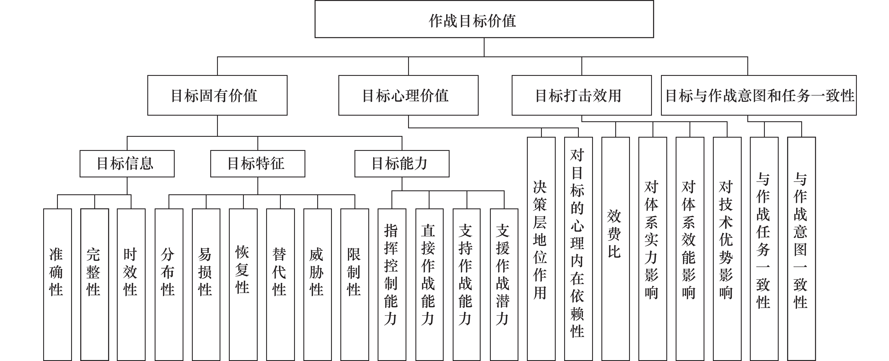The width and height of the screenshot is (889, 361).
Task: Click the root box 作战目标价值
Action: click(484, 19)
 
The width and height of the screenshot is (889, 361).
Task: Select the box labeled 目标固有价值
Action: click(217, 95)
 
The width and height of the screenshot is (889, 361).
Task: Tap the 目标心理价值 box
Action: click(408, 95)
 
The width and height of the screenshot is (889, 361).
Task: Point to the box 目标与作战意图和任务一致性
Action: click(759, 95)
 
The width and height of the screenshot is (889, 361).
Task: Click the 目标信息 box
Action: click(127, 163)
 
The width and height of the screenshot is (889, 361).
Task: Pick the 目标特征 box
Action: click(258, 163)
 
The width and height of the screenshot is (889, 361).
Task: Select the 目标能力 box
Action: click(402, 163)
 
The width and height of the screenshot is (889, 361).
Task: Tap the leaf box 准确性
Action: click(58, 285)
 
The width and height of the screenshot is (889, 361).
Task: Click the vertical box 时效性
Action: click(131, 285)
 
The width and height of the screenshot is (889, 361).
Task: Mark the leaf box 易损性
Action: click(206, 285)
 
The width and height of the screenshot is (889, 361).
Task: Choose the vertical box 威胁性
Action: click(317, 285)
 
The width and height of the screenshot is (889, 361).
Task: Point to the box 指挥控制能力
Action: click(392, 285)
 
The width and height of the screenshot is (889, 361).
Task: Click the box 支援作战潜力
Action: click(504, 285)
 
